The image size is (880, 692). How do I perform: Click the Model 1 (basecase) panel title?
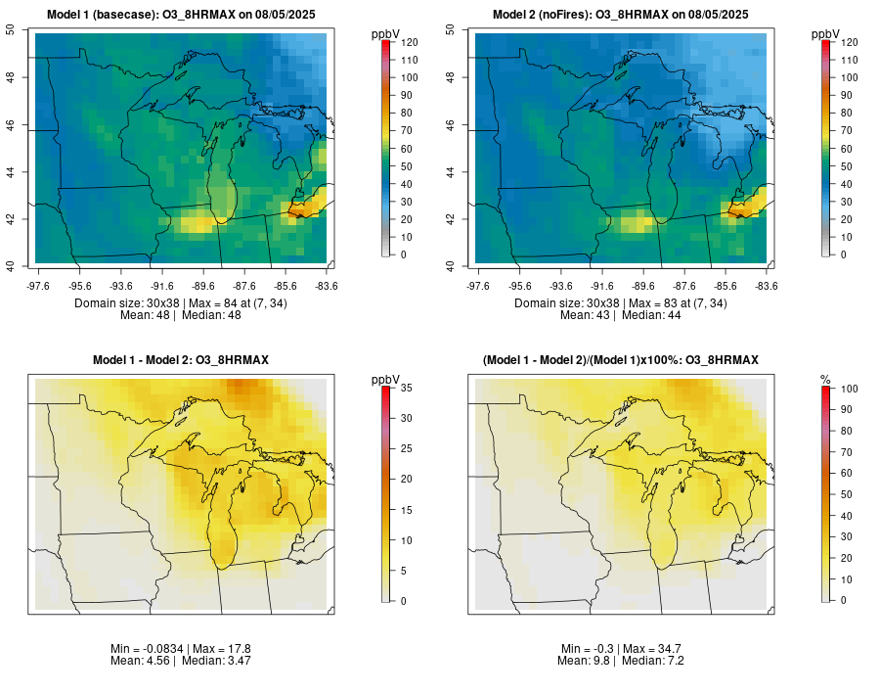click(181, 15)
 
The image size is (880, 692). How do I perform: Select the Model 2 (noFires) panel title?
click(620, 15)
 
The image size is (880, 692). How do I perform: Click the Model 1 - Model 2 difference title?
click(181, 361)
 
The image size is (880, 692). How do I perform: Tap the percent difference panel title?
click(620, 361)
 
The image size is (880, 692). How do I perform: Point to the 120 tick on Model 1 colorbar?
click(409, 42)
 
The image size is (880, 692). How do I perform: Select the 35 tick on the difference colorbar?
click(406, 389)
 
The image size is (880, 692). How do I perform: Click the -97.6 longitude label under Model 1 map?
click(38, 286)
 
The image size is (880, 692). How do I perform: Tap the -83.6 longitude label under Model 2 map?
click(766, 286)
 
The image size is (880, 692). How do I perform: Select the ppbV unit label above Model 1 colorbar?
click(386, 34)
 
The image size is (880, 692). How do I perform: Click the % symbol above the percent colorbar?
click(825, 379)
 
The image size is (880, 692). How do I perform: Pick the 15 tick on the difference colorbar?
click(406, 510)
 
